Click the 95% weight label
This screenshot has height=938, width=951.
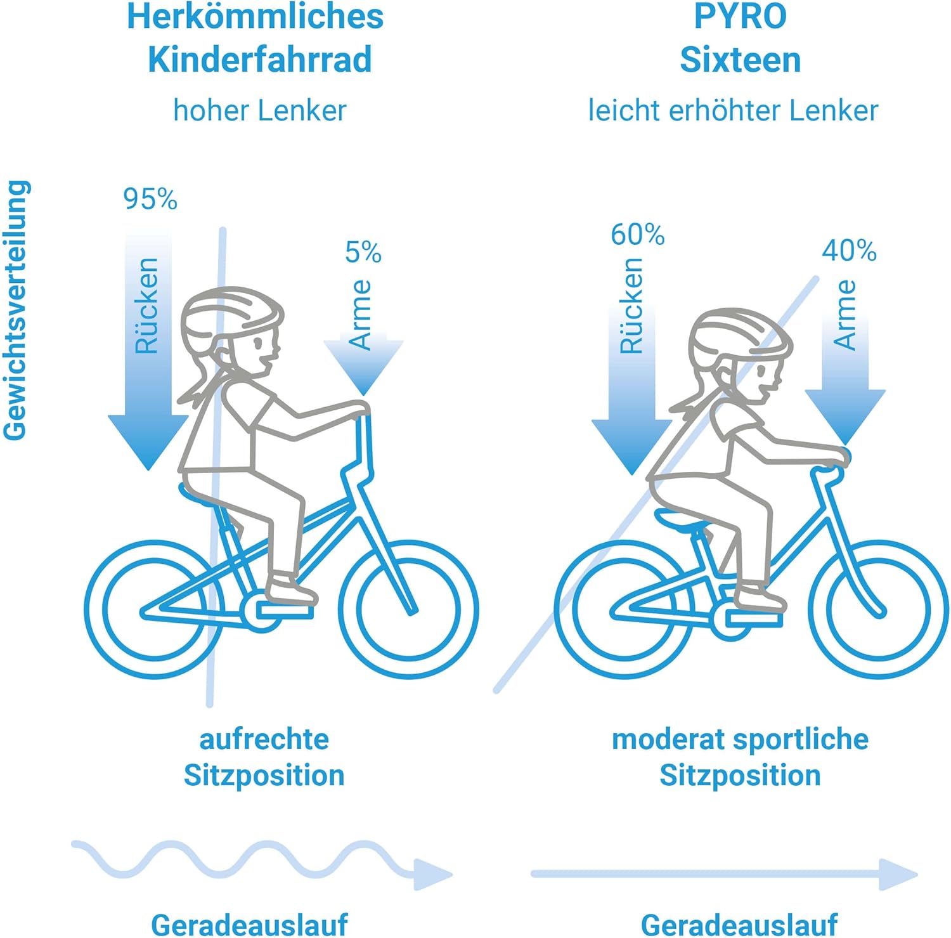(x=150, y=199)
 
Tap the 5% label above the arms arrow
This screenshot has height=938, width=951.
(x=363, y=252)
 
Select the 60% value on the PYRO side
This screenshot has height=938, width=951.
(x=637, y=235)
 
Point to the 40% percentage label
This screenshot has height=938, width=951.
(x=849, y=251)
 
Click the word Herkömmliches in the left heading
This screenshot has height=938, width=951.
(x=256, y=17)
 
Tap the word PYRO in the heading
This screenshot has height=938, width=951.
(x=740, y=17)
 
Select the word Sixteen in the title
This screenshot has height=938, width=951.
(x=740, y=60)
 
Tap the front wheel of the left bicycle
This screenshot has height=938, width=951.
(x=408, y=610)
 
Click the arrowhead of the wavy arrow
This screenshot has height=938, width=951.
(x=431, y=875)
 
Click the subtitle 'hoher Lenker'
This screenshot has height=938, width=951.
(x=260, y=110)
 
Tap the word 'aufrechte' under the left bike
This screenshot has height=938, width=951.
(x=264, y=739)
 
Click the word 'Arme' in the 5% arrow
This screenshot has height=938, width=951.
(x=361, y=315)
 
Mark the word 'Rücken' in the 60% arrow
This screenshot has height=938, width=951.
(x=631, y=306)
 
